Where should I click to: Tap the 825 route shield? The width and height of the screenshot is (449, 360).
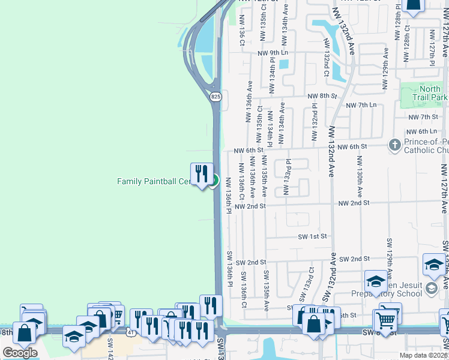click(216, 96)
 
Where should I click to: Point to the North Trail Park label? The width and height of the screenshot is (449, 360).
click(430, 93)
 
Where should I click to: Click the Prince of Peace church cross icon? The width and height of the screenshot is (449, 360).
click(394, 145)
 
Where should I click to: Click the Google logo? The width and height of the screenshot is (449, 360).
click(20, 353)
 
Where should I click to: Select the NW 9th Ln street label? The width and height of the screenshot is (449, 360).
click(273, 53)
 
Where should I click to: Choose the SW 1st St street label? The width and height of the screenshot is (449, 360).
click(313, 236)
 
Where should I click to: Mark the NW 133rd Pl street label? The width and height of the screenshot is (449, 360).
click(288, 177)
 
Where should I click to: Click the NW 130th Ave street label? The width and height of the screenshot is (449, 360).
click(360, 178)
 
